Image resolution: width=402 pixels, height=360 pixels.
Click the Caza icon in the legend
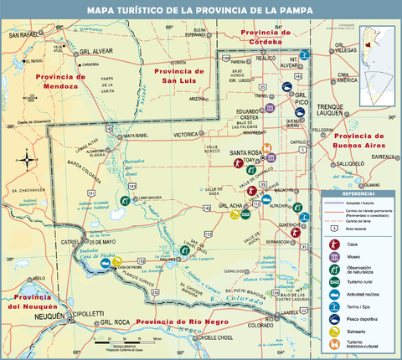pos(333,242)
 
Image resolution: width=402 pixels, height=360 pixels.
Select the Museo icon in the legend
pos(333,255)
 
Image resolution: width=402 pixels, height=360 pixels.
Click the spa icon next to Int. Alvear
pos(307,55)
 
